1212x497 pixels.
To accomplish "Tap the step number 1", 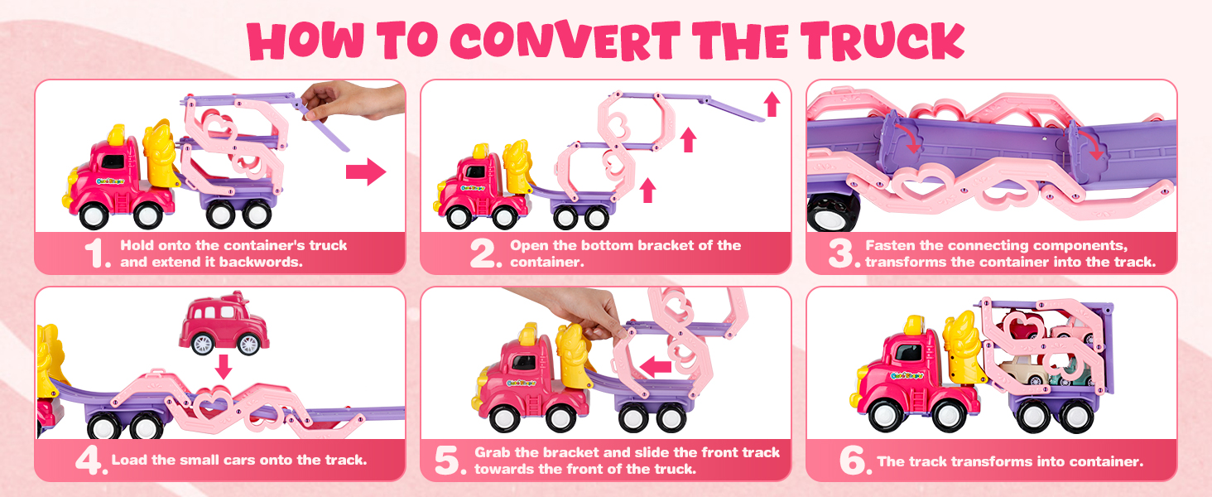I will pos(98,254).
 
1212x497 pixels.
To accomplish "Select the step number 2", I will pos(484,254).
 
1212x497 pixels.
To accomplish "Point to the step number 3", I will pos(841,254).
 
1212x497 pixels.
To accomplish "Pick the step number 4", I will pos(89,461).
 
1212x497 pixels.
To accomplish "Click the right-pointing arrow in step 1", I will pos(365,172).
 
